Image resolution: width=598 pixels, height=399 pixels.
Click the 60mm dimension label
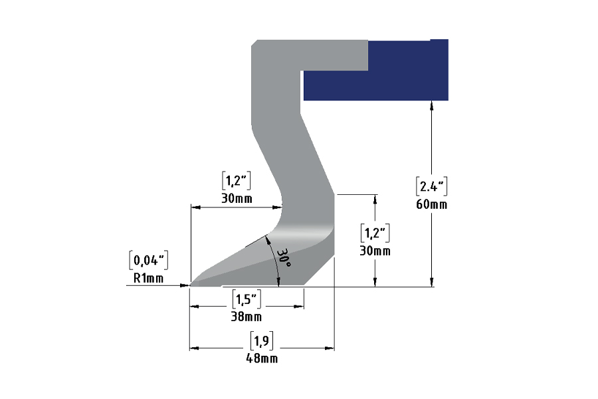click(x=431, y=205)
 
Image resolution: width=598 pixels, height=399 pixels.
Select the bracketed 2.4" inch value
click(x=431, y=186)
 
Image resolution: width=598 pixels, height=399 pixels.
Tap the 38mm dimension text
click(x=247, y=317)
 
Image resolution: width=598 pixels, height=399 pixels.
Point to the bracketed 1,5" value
click(x=247, y=299)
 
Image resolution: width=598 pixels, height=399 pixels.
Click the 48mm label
click(x=262, y=358)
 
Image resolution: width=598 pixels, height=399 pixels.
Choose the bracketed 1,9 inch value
click(x=262, y=340)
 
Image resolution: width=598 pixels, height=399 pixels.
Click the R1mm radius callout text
click(x=148, y=279)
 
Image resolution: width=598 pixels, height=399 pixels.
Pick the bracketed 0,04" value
click(x=148, y=261)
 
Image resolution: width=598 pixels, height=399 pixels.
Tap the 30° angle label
click(x=284, y=258)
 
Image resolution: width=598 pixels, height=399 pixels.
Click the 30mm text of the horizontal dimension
click(x=237, y=199)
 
